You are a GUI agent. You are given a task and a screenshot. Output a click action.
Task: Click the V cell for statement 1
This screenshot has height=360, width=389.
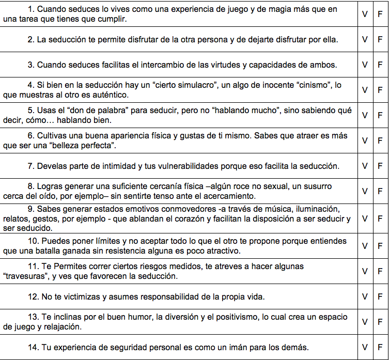pos(365,14)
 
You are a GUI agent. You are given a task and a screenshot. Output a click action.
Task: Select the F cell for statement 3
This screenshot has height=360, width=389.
pos(380,65)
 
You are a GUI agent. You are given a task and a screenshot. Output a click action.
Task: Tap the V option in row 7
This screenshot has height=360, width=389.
pos(365,166)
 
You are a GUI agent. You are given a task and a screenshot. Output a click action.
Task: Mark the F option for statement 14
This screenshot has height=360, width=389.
pos(380,347)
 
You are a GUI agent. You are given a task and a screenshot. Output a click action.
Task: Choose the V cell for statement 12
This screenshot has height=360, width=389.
pos(365,297)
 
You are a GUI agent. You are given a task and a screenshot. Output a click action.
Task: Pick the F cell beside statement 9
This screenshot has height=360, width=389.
pos(380,218)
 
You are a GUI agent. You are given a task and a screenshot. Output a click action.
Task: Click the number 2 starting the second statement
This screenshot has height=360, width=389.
pos(30,40)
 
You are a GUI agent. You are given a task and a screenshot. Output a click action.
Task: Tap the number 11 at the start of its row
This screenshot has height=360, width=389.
pos(33,267)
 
